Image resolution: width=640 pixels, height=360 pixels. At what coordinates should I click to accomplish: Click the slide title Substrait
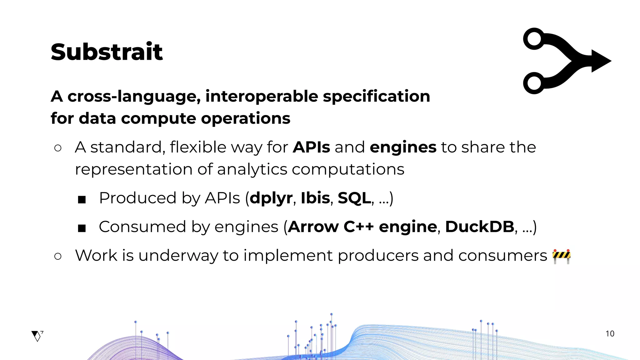point(107,52)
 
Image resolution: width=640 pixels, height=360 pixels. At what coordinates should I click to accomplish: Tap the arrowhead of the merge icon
point(600,61)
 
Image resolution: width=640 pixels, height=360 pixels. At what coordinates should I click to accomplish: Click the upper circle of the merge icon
point(534,39)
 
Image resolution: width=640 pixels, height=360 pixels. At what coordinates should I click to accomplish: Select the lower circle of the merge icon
point(534,83)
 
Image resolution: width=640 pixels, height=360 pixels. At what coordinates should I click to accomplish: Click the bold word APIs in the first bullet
point(311,147)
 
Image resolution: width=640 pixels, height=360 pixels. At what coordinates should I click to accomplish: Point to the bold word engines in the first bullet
point(403,147)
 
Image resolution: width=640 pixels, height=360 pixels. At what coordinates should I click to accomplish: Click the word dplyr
point(271,198)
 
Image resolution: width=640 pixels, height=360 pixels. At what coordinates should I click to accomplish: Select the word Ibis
point(315,198)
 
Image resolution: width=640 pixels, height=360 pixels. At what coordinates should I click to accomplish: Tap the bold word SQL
point(354,198)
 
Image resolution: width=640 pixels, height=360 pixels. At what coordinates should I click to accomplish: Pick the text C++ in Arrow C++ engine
point(358,227)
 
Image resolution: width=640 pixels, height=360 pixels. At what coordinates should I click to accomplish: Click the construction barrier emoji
point(562,256)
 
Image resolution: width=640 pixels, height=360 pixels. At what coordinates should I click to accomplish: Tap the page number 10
point(610,334)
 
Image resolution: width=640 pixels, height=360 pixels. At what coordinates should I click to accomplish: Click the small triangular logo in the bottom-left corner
point(37,336)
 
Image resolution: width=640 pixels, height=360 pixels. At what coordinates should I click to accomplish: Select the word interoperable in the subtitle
point(262,96)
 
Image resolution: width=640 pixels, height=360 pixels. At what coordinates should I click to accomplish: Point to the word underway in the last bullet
point(178,256)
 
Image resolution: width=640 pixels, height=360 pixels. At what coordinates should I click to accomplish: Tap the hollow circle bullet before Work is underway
point(58,256)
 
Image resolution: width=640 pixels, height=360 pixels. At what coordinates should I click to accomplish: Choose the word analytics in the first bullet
point(252,170)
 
